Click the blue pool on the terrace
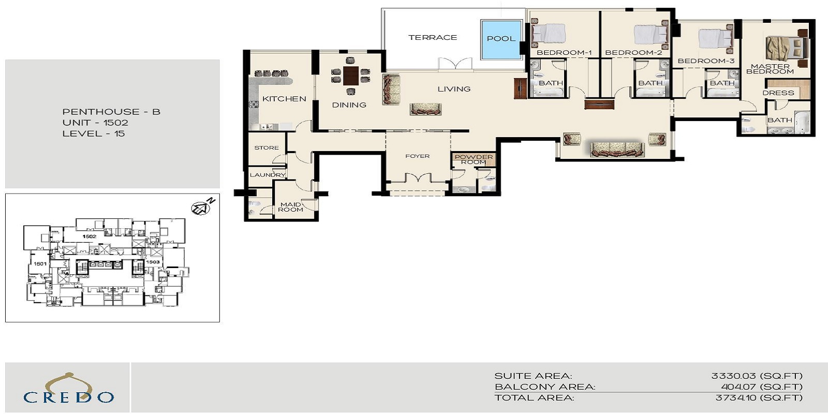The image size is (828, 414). coord(500,39)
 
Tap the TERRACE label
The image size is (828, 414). coord(433,37)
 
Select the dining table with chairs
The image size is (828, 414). coord(351,76)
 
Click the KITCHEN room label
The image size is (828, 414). coord(284,98)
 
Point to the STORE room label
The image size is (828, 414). coord(267,147)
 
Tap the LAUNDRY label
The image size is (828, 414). coord(268,175)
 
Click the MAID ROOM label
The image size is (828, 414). coord(290,207)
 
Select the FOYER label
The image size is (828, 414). coord(417,156)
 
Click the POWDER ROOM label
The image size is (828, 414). coord(474,159)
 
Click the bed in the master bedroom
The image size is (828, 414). coord(786,48)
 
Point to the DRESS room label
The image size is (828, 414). coord(778,93)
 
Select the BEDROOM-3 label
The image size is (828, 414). coord(706,61)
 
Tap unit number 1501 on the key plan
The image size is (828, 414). coord(40,263)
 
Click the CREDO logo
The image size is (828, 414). coord(68,389)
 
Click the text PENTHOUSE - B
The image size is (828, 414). coord(111,112)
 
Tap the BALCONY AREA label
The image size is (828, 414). coord(544,387)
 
